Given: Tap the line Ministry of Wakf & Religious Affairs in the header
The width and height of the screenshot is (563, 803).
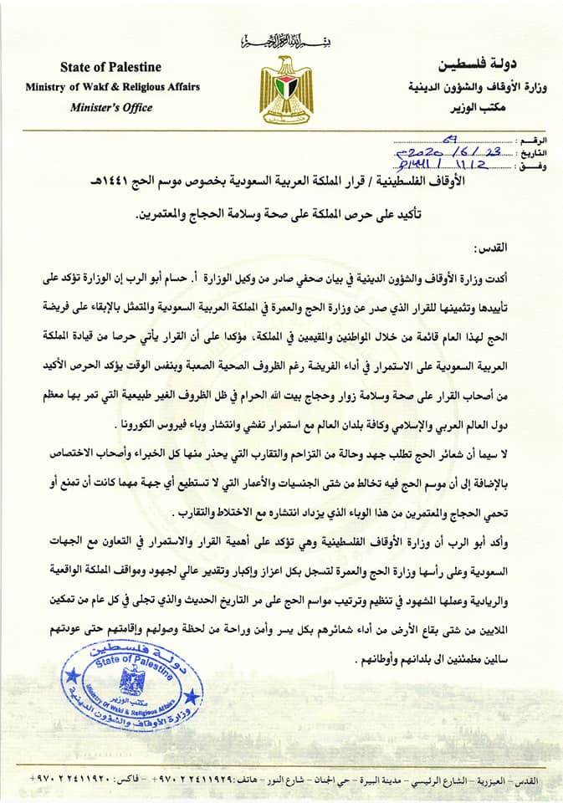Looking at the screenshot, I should click(x=112, y=86).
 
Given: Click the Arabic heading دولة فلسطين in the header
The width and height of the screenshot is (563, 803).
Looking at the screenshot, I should click(x=484, y=65).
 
